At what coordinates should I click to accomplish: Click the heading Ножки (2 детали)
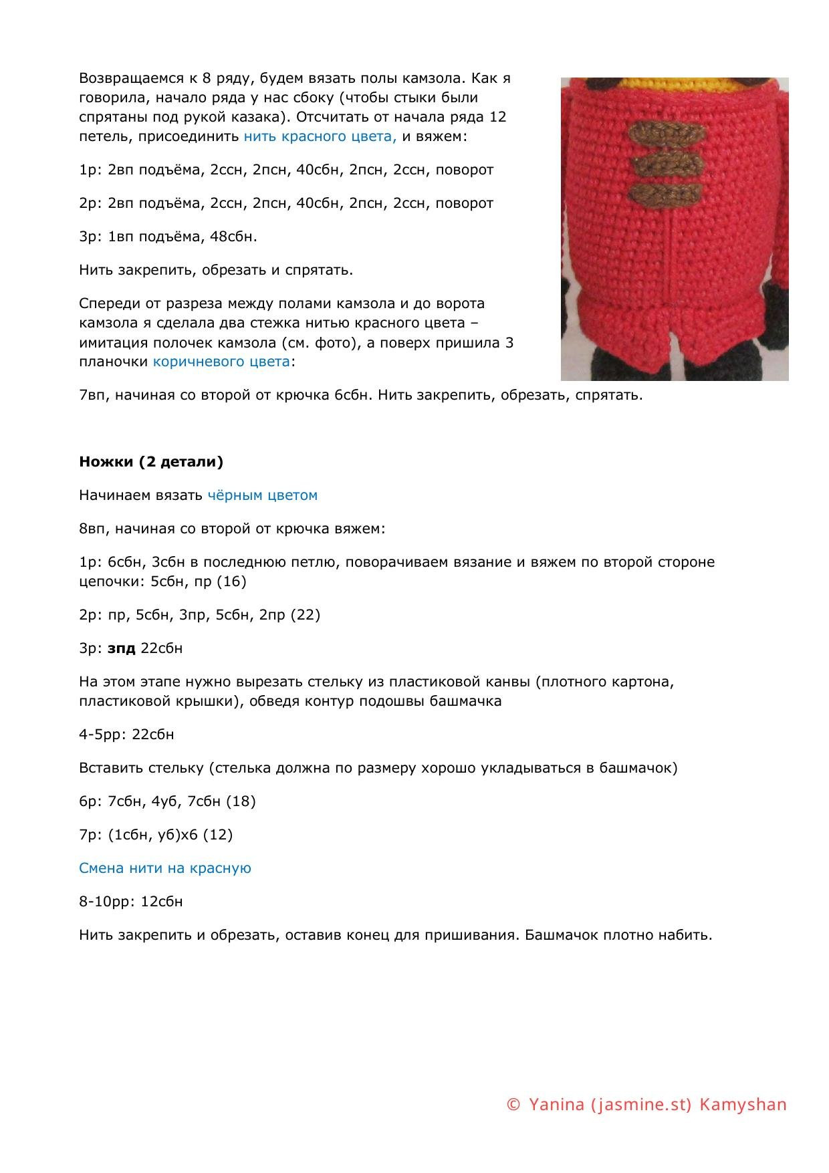[x=151, y=462]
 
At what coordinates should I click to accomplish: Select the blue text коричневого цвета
[x=222, y=362]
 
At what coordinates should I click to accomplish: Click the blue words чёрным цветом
[x=262, y=495]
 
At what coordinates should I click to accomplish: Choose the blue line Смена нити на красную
[x=165, y=868]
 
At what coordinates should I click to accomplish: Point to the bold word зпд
[x=122, y=648]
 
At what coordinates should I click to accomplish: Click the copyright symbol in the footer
[x=513, y=1105]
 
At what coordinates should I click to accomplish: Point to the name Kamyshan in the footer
[x=743, y=1105]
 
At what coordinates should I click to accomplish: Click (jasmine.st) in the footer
[x=641, y=1105]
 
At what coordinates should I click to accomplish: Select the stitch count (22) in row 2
[x=306, y=615]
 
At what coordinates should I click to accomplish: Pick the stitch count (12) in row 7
[x=217, y=835]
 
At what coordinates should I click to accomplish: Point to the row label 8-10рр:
[x=108, y=902]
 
